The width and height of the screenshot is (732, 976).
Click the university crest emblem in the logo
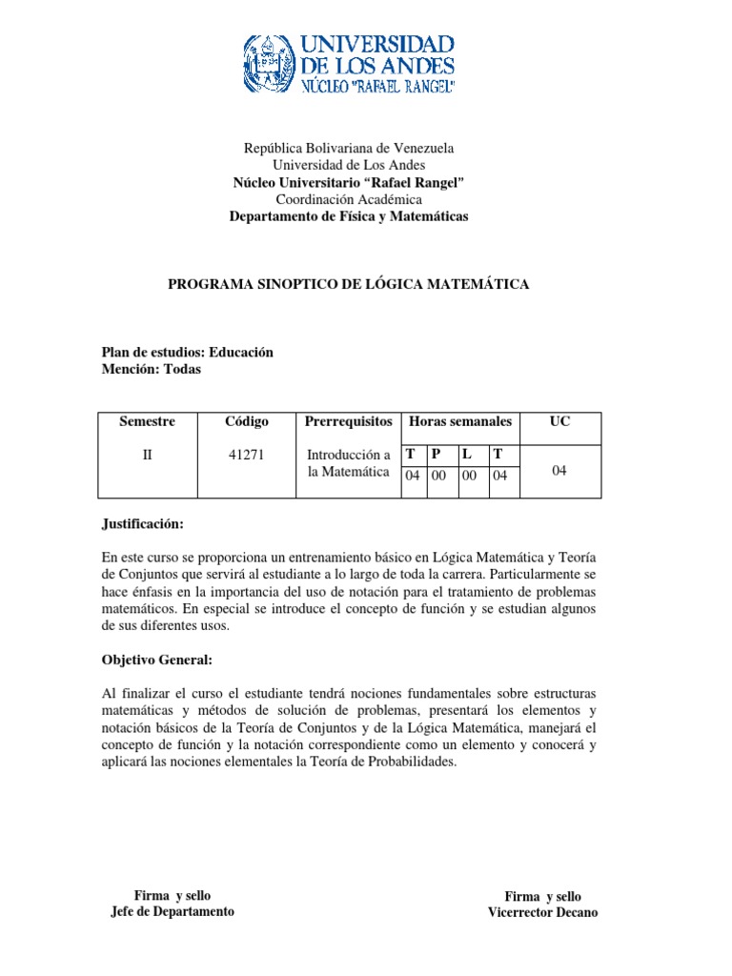pos(270,65)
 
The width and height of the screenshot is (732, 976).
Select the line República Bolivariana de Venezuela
pos(349,148)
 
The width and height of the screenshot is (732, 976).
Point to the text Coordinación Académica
pos(349,199)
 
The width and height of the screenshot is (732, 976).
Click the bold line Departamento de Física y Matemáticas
pos(349,216)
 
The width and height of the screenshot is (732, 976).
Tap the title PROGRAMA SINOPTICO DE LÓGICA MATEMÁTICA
pos(349,284)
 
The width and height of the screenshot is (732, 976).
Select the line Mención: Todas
pos(152,370)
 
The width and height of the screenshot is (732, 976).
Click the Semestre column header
pos(147,421)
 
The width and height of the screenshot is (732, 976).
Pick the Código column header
pos(246,421)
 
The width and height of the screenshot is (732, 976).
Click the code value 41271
pos(246,455)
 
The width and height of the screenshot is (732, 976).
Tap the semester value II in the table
pos(147,455)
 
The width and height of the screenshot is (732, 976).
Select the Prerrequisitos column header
pos(348,421)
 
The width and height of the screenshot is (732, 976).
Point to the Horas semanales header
pos(459,421)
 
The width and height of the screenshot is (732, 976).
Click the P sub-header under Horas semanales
pos(436,455)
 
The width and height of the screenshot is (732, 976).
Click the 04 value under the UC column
pos(559,469)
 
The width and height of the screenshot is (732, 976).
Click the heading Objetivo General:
pos(156,660)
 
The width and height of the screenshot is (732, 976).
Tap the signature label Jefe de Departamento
pos(173,911)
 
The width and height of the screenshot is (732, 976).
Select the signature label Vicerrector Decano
pos(542,912)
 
